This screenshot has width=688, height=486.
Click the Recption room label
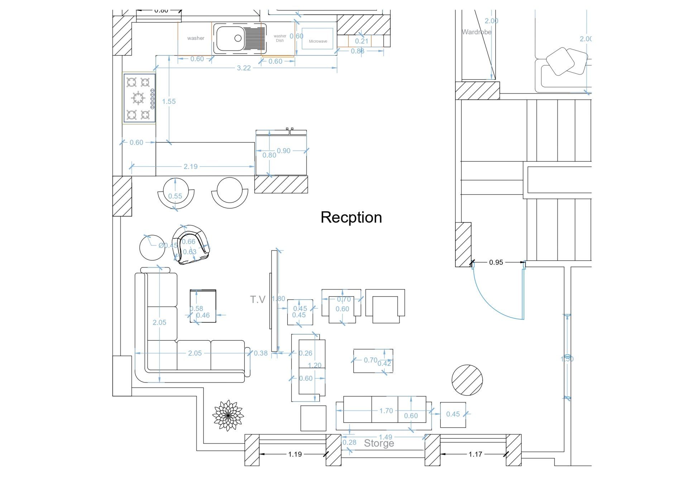coord(351,217)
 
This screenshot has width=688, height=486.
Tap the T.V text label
coord(258,300)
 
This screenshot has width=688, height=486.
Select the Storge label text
coord(379,443)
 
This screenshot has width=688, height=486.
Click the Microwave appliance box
coord(317,39)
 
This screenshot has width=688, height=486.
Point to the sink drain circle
coord(238,38)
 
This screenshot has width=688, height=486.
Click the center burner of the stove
coord(138,98)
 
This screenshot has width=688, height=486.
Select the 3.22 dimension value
coord(244,68)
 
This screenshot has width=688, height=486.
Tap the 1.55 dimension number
coord(169,102)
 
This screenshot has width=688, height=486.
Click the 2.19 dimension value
coord(191,166)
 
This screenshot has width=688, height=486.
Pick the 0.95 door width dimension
coord(496,262)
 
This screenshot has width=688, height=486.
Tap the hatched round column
coord(467,380)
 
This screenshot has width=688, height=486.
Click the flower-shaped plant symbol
coord(228,415)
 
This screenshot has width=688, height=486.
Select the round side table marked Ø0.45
coord(152,248)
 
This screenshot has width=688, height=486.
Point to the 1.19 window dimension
coord(295,454)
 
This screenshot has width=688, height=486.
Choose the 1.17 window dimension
coord(475,454)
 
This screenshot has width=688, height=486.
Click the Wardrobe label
coord(476,32)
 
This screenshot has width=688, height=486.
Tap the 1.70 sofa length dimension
coord(386,411)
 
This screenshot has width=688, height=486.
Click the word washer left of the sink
coord(196,38)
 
